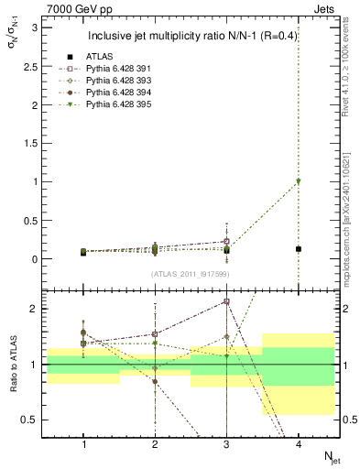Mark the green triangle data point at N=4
298,181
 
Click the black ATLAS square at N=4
298,249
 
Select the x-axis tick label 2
155,444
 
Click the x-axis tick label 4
298,444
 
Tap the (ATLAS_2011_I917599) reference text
190,274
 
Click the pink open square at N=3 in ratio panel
226,301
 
